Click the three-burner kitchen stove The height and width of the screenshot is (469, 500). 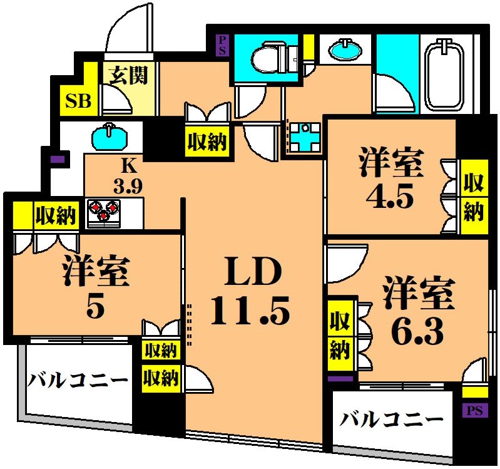[103, 210]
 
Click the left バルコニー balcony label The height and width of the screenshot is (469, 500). [78, 379]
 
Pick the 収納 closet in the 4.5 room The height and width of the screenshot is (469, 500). [474, 198]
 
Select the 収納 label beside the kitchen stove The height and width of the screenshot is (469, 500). [55, 216]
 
